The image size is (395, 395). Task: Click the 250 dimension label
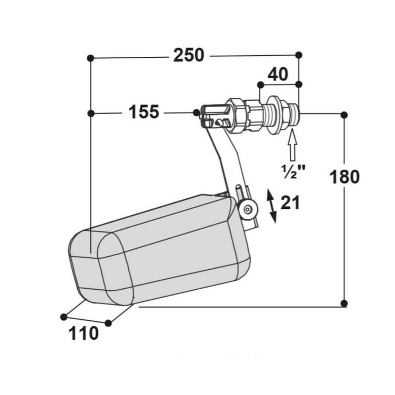click(x=189, y=55)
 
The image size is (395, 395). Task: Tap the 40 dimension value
click(x=278, y=75)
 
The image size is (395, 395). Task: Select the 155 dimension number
click(x=144, y=112)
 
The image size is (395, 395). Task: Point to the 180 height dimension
click(x=345, y=177)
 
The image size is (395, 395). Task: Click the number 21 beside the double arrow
click(x=290, y=202)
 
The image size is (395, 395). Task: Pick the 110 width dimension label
click(x=83, y=333)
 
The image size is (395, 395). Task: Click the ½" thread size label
click(x=293, y=171)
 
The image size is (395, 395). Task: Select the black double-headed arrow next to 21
click(x=272, y=206)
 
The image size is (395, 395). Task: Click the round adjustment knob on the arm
click(x=248, y=209)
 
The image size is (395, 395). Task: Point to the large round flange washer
click(x=273, y=115)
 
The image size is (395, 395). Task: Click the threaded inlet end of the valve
click(x=294, y=115)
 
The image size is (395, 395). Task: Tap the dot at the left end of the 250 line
click(x=90, y=58)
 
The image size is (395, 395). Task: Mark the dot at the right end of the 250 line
click(x=299, y=55)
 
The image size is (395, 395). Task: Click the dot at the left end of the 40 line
click(x=261, y=85)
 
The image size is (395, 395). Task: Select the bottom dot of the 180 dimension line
click(x=344, y=303)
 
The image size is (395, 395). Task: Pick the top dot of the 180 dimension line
click(x=344, y=115)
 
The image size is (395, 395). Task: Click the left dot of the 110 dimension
click(x=64, y=316)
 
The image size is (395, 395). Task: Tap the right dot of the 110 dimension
click(x=108, y=323)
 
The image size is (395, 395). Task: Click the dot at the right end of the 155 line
click(x=196, y=113)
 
